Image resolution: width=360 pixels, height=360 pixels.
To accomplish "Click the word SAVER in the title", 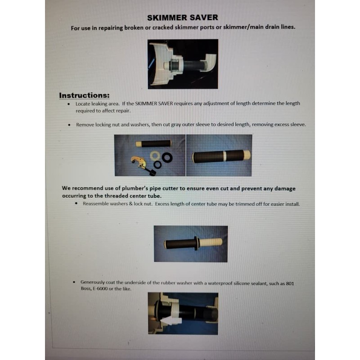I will [203, 18].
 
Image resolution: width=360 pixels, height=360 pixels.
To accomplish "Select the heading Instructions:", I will [84, 95].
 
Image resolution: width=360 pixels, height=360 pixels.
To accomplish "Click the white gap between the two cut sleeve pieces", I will [224, 156].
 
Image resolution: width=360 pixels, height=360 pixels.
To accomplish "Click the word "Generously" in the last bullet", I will [95, 282].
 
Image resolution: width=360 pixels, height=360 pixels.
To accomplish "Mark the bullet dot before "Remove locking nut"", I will [69, 125].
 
